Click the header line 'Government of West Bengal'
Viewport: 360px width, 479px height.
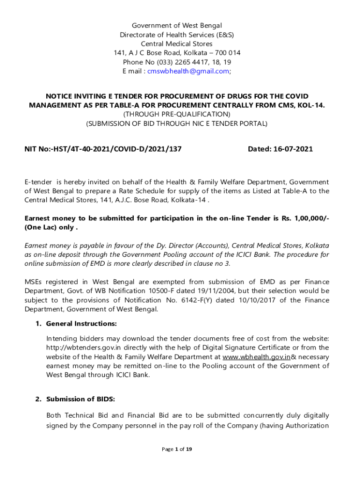(177, 25)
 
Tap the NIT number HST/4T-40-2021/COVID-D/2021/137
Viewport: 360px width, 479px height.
(117, 149)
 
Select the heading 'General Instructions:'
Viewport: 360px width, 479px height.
(81, 324)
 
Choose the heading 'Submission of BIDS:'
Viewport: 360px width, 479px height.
(80, 399)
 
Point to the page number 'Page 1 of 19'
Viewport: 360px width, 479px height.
(177, 449)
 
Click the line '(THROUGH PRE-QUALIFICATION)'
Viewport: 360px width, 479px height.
(177, 114)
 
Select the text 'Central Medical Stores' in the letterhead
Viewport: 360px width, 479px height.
(177, 44)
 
